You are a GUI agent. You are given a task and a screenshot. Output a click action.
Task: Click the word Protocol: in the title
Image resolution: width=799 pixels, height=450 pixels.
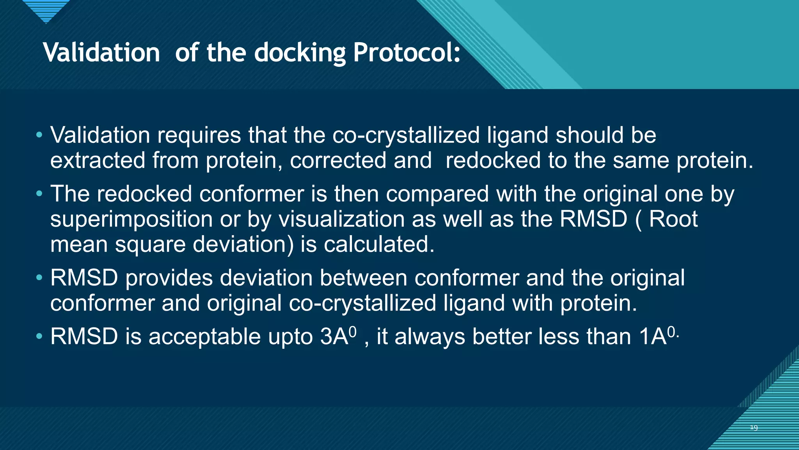407,53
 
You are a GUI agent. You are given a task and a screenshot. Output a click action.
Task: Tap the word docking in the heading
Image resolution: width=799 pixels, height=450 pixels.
300,53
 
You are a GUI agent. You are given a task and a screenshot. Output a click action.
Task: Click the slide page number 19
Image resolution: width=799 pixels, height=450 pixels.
754,428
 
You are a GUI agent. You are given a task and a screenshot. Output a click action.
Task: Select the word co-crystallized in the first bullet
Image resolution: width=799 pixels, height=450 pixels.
406,135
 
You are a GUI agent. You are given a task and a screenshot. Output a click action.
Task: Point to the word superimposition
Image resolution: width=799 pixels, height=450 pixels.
131,219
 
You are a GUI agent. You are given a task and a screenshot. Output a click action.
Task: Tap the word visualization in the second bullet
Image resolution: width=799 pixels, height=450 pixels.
341,219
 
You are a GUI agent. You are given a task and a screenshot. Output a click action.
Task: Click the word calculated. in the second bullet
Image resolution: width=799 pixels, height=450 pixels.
379,245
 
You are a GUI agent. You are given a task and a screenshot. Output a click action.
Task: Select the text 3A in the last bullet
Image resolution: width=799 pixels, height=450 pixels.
334,336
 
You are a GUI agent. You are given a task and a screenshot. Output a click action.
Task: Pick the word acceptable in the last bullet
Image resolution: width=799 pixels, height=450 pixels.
204,336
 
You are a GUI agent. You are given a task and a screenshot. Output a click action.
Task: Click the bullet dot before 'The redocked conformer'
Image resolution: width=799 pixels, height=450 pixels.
39,194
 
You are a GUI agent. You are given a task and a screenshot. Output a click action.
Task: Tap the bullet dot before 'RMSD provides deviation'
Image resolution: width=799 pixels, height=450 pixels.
39,278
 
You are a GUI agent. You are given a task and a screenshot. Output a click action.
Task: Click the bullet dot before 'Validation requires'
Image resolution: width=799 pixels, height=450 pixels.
39,135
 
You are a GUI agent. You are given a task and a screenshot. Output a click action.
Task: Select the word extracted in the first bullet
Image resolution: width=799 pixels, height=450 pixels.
98,161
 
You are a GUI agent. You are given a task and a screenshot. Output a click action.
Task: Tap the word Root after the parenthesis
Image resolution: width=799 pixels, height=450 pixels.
673,219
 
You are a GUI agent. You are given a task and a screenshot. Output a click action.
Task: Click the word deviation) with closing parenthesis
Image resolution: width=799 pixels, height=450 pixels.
243,245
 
